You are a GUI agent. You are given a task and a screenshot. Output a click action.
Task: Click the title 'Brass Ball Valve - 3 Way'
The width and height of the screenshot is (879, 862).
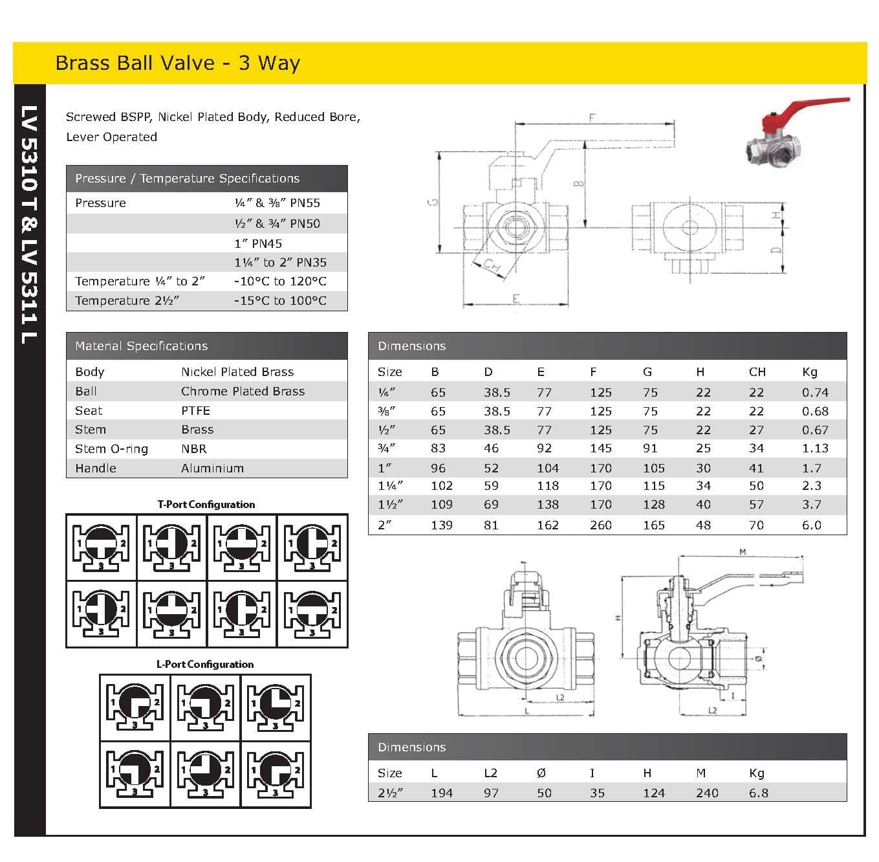click(x=177, y=63)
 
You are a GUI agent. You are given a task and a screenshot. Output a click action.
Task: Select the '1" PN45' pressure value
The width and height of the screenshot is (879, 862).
click(x=258, y=243)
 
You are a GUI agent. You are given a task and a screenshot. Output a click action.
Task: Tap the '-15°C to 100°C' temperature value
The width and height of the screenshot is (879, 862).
click(x=280, y=300)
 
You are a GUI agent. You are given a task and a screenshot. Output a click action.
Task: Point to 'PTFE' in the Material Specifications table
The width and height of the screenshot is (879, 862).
click(x=195, y=410)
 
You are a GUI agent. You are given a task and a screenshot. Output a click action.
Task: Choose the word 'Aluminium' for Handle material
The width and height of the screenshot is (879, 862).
click(x=212, y=468)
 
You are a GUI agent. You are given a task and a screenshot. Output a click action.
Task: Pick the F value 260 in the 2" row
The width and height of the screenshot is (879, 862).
click(x=600, y=525)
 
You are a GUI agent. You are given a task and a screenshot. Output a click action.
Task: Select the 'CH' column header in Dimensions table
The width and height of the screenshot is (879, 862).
click(x=757, y=371)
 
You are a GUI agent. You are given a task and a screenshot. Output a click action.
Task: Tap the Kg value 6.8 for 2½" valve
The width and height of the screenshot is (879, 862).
click(x=758, y=793)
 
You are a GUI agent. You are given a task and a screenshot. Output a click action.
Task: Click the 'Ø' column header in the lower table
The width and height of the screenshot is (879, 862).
click(x=541, y=773)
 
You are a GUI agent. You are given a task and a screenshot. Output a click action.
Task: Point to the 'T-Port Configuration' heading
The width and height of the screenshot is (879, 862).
click(x=206, y=504)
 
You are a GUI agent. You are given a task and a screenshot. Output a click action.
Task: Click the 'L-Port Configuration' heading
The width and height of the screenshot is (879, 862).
click(x=205, y=664)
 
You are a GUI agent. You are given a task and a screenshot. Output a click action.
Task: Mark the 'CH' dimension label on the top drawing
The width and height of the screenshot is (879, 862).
click(x=492, y=265)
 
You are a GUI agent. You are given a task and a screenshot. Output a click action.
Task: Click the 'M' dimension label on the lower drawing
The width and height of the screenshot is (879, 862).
click(x=743, y=552)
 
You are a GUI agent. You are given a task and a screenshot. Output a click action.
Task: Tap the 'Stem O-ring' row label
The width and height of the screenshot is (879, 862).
click(x=111, y=448)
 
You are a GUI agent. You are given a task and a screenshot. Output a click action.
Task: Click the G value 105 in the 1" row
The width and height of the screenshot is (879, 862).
click(x=653, y=468)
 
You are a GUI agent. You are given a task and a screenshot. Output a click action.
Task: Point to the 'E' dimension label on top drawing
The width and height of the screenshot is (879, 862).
click(x=515, y=298)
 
